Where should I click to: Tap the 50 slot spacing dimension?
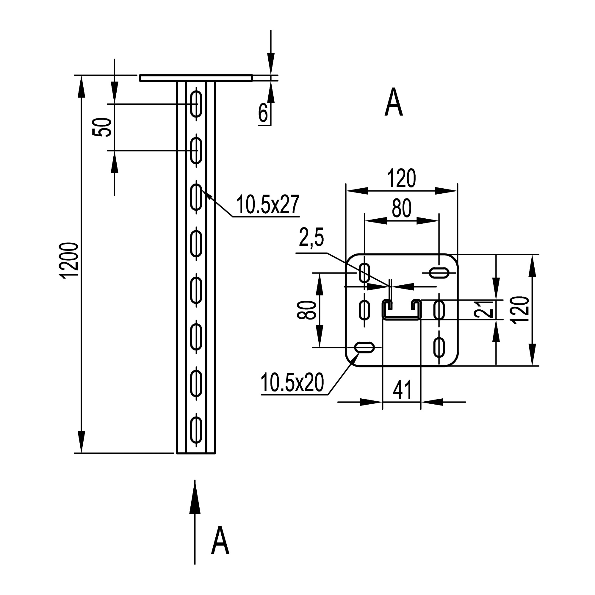[x=102, y=127]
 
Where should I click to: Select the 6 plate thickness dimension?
[x=263, y=113]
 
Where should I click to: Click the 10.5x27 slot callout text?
[x=268, y=204]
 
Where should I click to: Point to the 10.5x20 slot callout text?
[x=292, y=383]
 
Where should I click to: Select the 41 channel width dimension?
[x=402, y=390]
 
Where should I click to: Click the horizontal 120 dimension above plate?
[x=401, y=178]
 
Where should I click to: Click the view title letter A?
[x=394, y=103]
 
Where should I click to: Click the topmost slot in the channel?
[x=196, y=104]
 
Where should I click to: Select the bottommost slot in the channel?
[x=196, y=430]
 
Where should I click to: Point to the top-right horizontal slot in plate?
[x=439, y=272]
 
